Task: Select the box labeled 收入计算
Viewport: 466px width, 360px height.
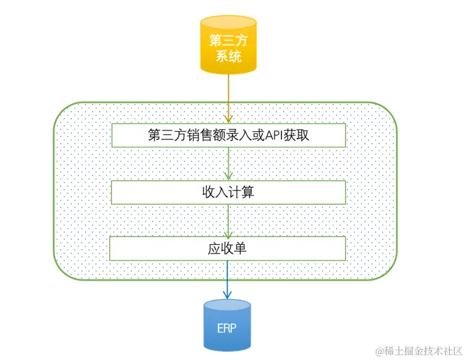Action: pos(228,192)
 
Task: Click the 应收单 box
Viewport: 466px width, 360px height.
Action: pos(228,248)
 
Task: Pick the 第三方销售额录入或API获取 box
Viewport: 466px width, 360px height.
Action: pos(228,135)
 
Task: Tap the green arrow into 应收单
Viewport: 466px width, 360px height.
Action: pos(228,220)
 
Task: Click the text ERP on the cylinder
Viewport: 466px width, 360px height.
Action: pos(227,329)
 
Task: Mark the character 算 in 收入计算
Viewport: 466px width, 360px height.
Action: pos(252,192)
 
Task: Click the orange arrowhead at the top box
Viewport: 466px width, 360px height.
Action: pos(228,119)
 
